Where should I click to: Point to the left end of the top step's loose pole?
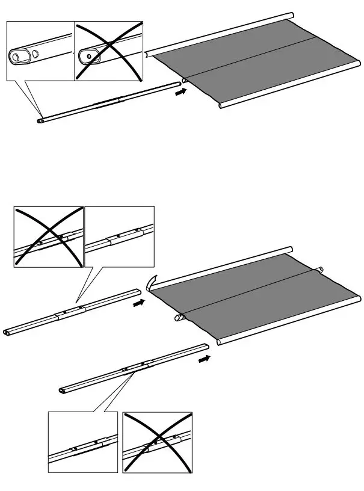click(x=40, y=120)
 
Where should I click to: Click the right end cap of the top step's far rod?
click(x=291, y=14)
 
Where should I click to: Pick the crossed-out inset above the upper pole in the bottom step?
click(x=48, y=236)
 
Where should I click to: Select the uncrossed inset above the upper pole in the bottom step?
click(x=119, y=236)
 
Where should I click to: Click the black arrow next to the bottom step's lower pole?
click(x=205, y=359)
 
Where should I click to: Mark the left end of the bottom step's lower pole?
click(x=63, y=390)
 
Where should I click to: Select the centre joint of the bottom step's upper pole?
click(x=71, y=312)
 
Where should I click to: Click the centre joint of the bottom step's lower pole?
click(x=136, y=366)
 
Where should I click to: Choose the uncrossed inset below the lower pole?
click(x=83, y=442)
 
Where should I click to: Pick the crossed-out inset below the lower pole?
click(x=157, y=442)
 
